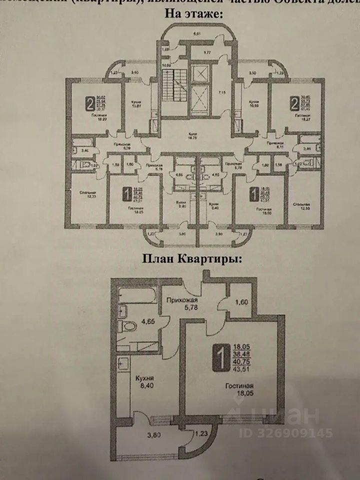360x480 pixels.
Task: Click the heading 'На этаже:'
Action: [194, 14]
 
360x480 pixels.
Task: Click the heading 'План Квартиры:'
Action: [192, 259]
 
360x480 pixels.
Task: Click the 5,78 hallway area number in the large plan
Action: [181, 309]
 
